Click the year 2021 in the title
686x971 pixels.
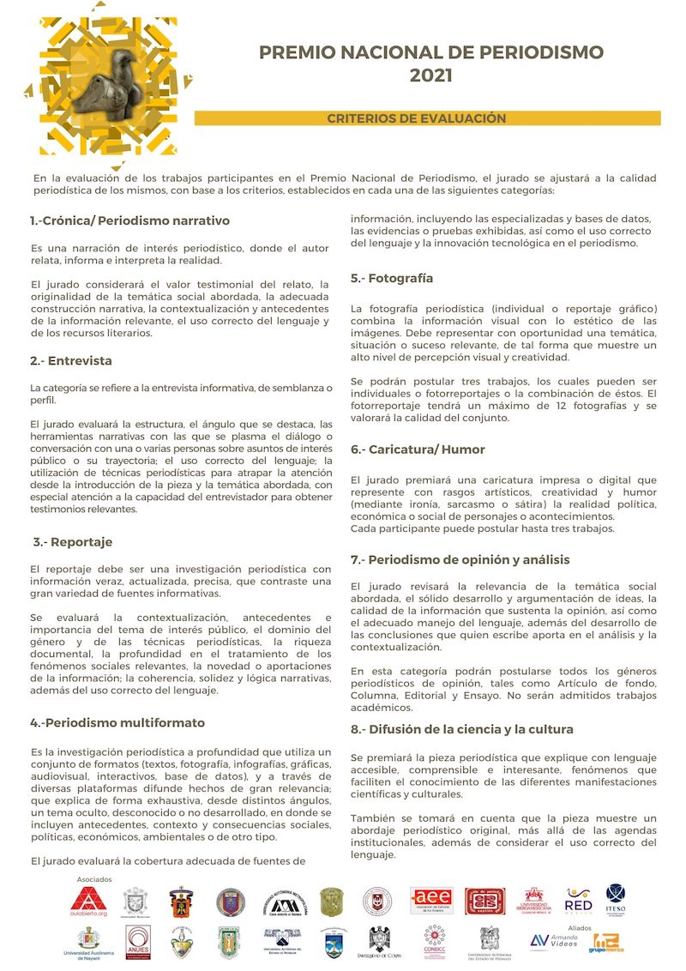tap(430, 75)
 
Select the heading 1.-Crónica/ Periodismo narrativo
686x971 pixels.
tap(129, 220)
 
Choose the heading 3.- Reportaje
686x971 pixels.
tap(73, 542)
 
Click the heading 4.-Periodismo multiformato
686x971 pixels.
tap(117, 722)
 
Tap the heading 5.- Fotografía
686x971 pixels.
tap(391, 278)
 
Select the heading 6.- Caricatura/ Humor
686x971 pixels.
tap(418, 449)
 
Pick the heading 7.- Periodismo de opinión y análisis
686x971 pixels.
tap(460, 559)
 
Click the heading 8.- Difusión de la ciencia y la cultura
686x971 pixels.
tap(461, 729)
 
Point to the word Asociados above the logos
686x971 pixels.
tap(94, 880)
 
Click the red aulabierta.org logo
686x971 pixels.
tap(88, 902)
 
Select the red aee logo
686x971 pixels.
tap(432, 902)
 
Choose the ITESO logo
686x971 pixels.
tap(615, 900)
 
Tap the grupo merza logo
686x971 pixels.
tap(607, 944)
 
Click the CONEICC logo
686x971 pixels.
tap(434, 942)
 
